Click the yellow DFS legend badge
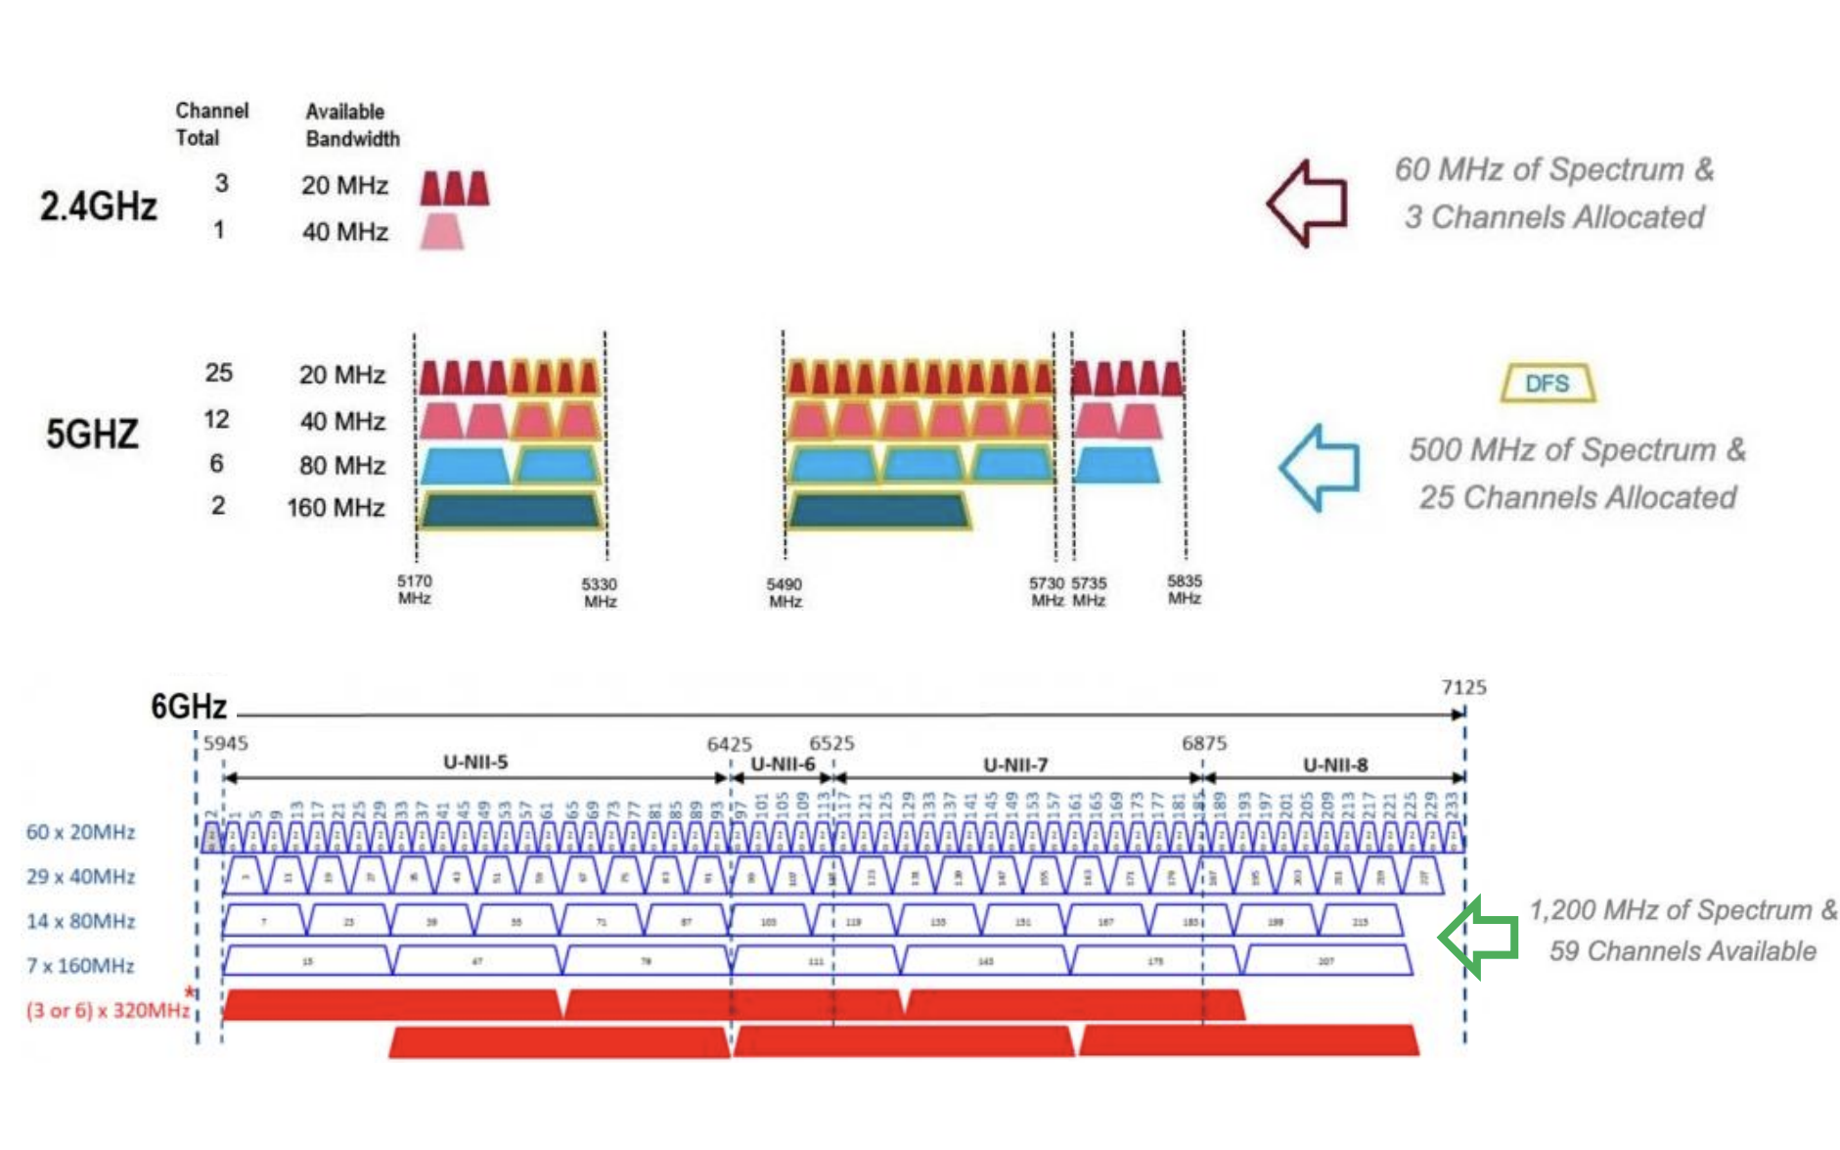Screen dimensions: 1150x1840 (x=1548, y=384)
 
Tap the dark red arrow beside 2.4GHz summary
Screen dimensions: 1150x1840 (x=1308, y=203)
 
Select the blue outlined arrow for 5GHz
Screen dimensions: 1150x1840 (x=1320, y=467)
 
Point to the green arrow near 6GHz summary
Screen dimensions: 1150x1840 (x=1478, y=937)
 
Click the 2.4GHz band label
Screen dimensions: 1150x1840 (x=98, y=207)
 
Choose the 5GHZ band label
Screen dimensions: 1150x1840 (x=92, y=434)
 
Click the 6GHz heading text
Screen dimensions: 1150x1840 (x=188, y=706)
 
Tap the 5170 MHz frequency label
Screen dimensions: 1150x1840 (x=414, y=589)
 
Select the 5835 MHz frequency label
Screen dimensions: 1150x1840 (x=1184, y=589)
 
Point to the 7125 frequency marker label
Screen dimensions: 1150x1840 (x=1463, y=688)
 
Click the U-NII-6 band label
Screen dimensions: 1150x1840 (x=783, y=763)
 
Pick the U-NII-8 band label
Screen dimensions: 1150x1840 (x=1335, y=764)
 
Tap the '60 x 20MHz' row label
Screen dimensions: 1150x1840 (x=80, y=832)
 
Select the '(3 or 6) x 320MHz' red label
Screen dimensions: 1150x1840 (x=108, y=1010)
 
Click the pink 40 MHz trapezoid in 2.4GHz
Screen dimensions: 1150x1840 (x=441, y=232)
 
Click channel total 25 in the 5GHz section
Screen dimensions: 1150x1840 (x=218, y=373)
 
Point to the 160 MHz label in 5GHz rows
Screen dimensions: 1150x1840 (x=336, y=508)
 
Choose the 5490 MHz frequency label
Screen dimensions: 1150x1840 (x=785, y=592)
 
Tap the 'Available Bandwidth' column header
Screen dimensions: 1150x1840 (x=352, y=125)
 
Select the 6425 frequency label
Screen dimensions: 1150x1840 (x=729, y=745)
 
